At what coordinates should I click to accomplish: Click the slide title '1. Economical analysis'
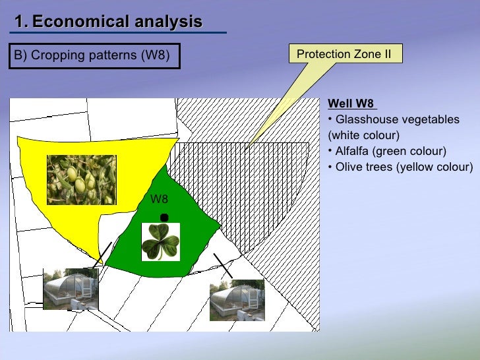click(108, 22)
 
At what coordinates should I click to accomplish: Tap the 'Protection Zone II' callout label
click(344, 54)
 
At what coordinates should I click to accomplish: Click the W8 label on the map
click(159, 199)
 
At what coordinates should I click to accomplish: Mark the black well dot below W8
click(164, 218)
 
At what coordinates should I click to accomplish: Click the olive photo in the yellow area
click(81, 180)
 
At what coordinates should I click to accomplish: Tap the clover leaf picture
click(161, 241)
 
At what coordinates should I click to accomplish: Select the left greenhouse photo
click(71, 289)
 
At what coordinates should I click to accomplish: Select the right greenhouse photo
click(237, 299)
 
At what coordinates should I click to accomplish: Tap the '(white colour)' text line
click(363, 136)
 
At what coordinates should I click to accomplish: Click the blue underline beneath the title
click(119, 32)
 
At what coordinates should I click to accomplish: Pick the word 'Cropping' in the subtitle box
click(56, 55)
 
